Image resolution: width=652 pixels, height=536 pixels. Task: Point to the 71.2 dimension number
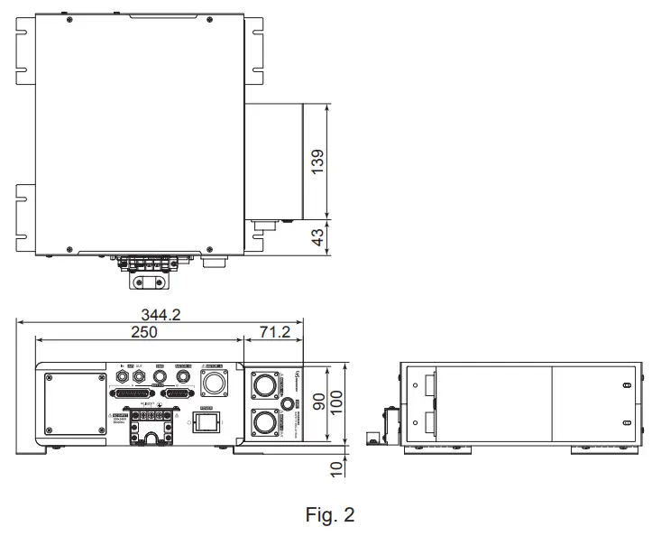click(275, 332)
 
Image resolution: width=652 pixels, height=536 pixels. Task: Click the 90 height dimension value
click(318, 401)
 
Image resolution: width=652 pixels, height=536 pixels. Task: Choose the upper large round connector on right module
click(263, 386)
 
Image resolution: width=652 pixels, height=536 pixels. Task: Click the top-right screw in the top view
click(210, 21)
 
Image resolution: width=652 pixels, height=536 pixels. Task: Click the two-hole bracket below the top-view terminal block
click(152, 282)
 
